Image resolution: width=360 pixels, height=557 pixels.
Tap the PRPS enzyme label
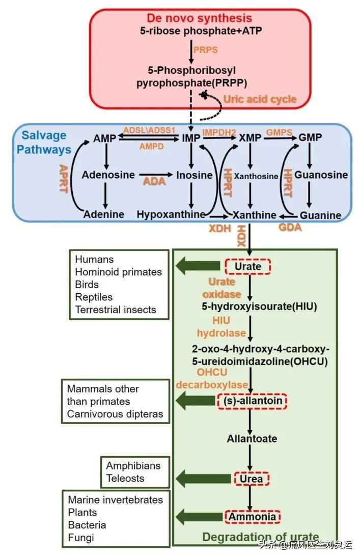point(205,50)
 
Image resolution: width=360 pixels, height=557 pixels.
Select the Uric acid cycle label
point(261,99)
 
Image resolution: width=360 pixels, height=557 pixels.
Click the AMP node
point(105,138)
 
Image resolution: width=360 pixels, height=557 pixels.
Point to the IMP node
point(190,138)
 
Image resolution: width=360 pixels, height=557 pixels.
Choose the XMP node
point(250,138)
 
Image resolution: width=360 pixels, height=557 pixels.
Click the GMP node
point(310,138)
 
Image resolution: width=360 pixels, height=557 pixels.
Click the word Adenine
point(104,214)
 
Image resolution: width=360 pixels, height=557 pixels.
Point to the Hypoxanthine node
point(170,214)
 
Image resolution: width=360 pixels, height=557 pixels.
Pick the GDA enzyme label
point(289,227)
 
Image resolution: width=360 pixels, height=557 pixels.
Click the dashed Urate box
point(248,266)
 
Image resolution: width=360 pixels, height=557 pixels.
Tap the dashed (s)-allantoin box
point(253,401)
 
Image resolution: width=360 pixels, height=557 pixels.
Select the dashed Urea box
point(252,479)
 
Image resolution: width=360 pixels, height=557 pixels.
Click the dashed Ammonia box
point(252,517)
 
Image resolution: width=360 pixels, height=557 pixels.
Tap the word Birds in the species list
point(87,284)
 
